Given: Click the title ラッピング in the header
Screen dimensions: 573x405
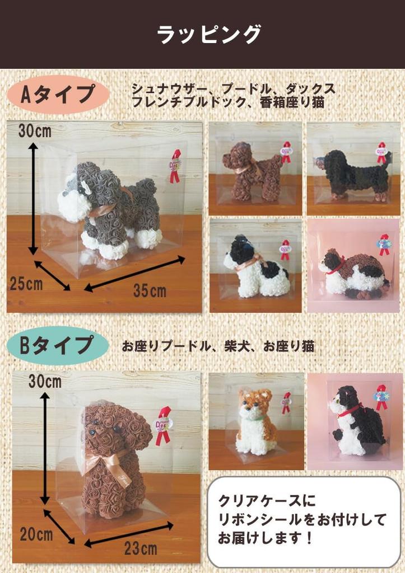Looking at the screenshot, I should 208,35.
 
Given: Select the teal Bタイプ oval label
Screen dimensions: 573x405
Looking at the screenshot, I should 58,345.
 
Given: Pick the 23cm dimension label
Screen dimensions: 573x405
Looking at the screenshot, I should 141,548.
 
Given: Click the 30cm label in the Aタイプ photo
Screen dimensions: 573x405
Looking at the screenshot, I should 35,131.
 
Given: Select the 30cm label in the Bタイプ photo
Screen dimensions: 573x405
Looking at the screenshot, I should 45,382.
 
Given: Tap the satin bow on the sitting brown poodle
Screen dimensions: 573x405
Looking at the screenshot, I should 109,462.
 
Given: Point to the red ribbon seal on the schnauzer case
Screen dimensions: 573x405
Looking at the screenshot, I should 176,166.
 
